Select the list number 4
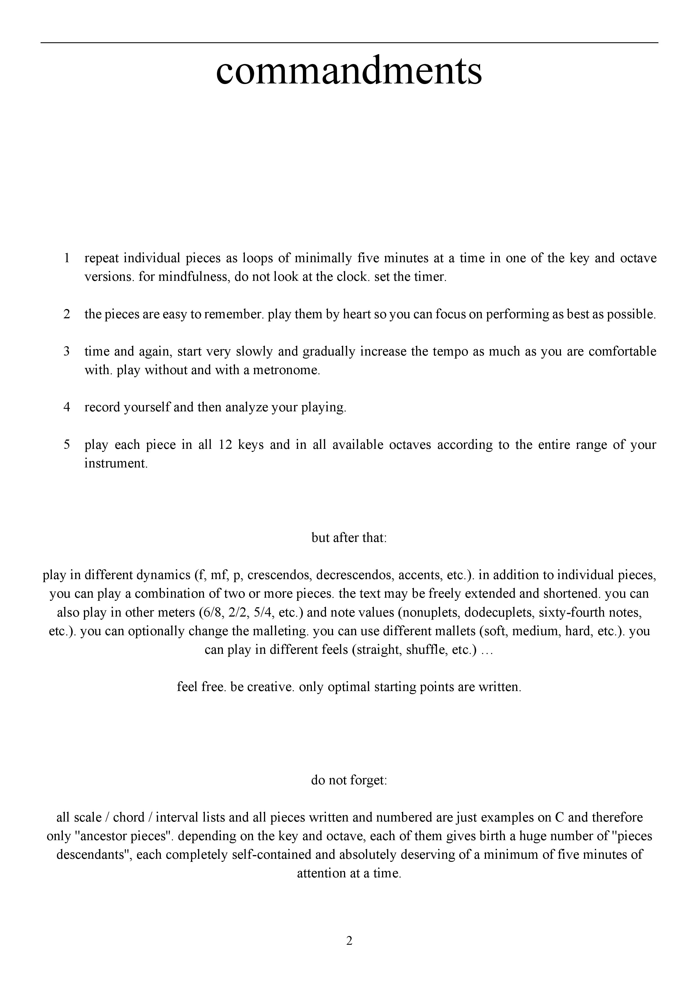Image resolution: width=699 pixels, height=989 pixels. (x=67, y=407)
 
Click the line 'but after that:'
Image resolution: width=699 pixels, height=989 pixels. (x=349, y=538)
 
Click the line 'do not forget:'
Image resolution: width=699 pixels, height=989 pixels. (x=349, y=780)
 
